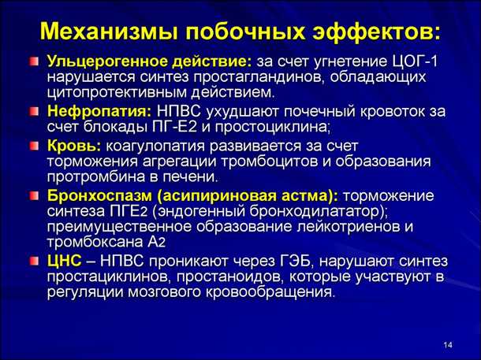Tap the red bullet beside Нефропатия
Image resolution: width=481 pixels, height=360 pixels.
coord(34,111)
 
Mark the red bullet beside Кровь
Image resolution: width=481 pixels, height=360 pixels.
coord(34,147)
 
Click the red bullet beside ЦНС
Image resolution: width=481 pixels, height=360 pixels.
coord(34,261)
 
